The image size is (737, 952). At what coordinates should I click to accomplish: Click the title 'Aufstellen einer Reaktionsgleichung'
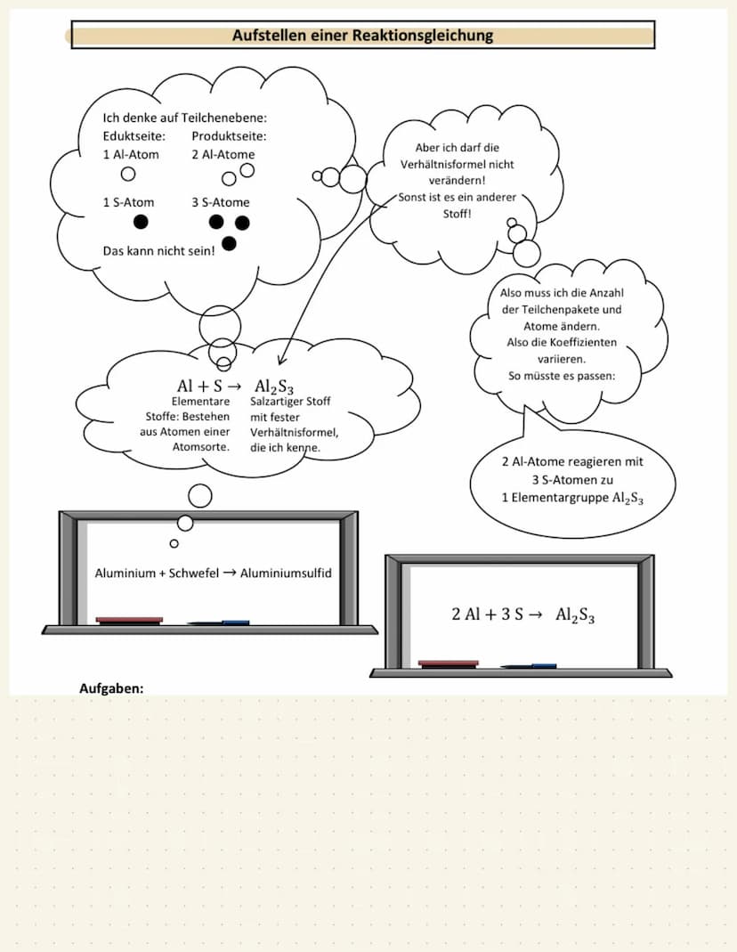(362, 36)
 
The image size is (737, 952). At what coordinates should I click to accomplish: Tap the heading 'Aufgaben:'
(111, 688)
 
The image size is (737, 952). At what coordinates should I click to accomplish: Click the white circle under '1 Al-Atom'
(128, 174)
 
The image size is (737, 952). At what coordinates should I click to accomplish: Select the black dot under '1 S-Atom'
(141, 222)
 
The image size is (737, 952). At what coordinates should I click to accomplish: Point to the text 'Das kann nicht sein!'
(158, 251)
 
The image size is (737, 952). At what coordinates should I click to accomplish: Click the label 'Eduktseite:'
(134, 136)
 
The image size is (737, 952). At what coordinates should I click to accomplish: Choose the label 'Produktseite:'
(229, 136)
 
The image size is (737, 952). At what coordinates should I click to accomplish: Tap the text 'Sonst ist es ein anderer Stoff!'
(457, 206)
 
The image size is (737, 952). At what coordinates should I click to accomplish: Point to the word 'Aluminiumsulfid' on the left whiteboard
(286, 573)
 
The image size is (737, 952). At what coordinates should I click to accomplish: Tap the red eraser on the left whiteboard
(129, 620)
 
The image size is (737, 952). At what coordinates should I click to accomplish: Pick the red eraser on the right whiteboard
(448, 663)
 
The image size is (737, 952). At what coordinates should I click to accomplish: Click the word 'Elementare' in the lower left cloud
(201, 402)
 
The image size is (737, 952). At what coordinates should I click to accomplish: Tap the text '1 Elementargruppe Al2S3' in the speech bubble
(572, 498)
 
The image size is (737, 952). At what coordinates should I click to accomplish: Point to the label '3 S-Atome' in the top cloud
(221, 202)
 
